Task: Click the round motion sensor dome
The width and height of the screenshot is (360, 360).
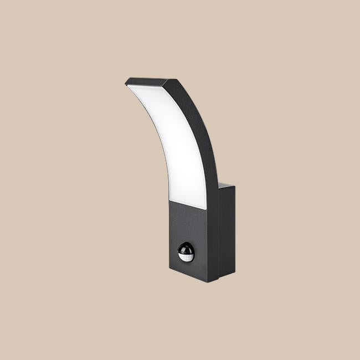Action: click(x=186, y=252)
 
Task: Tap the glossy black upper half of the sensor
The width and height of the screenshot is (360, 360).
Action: click(x=186, y=247)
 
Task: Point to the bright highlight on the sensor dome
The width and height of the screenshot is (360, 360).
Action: click(x=183, y=248)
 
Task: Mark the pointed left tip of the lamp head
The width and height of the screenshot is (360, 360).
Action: click(x=126, y=83)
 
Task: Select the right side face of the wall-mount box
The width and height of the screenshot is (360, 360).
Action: click(x=227, y=233)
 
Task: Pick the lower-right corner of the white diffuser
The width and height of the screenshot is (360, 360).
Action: click(x=206, y=208)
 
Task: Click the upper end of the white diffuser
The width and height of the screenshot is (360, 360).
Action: click(x=133, y=87)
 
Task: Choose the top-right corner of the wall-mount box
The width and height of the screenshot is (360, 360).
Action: click(x=234, y=187)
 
